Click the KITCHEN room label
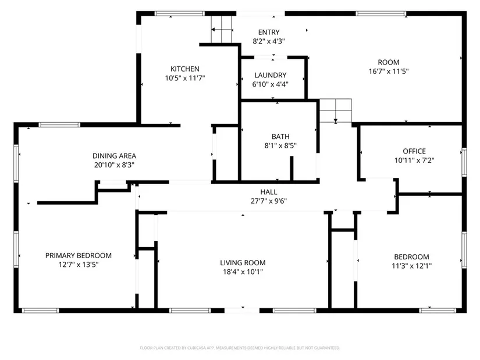[185, 69]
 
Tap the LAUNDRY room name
[271, 75]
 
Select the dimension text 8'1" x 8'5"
[280, 145]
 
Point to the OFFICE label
[414, 151]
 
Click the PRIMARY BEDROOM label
[79, 256]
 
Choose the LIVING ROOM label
[243, 263]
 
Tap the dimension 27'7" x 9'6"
[269, 201]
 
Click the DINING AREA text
[114, 156]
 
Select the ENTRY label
[269, 32]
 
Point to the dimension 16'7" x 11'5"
[389, 72]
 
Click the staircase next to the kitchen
[222, 30]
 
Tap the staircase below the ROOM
[336, 111]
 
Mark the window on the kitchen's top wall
[179, 13]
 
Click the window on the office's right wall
[464, 162]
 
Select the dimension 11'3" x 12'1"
[412, 266]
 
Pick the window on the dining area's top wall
[59, 124]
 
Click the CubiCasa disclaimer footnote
[240, 348]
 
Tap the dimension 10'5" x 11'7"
[185, 78]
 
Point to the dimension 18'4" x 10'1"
[243, 272]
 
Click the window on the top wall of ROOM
[381, 13]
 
